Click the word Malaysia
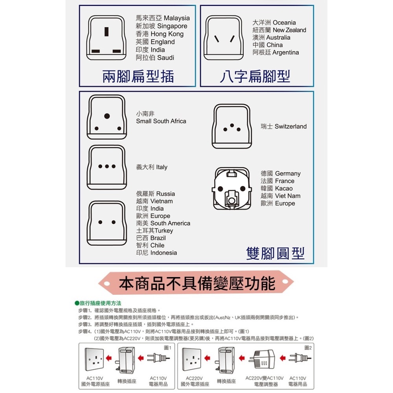[176, 18]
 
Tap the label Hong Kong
[167, 34]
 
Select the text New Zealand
[289, 30]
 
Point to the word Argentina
[286, 52]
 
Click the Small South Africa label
[161, 121]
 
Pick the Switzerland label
[290, 126]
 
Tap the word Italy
[162, 167]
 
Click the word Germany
[288, 173]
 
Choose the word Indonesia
[163, 253]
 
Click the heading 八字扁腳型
[255, 77]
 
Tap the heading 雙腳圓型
[275, 253]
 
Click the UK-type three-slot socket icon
[106, 39]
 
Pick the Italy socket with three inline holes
[107, 167]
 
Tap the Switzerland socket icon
[231, 127]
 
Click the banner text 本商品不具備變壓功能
[197, 283]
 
